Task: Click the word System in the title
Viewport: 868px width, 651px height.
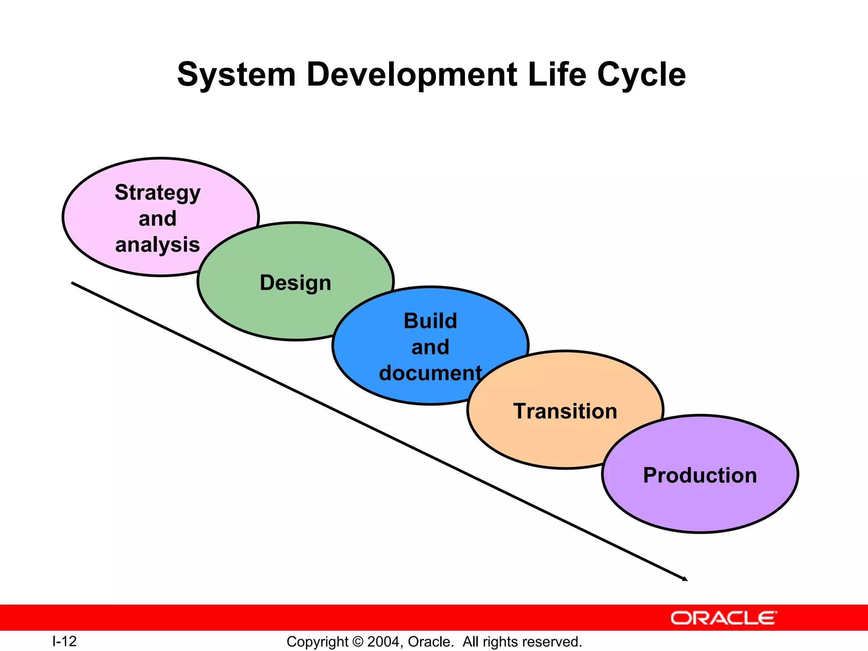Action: point(236,75)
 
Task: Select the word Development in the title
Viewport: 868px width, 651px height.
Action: point(412,75)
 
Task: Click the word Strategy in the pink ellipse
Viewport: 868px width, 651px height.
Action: point(158,193)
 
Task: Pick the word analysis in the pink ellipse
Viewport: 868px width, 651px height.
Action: point(158,245)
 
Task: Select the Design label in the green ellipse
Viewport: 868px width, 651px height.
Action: point(295,283)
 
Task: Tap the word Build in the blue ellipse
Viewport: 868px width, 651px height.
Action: point(430,321)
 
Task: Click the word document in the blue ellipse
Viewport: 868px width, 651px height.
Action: point(430,373)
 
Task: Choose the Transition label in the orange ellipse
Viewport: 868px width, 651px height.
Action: point(565,411)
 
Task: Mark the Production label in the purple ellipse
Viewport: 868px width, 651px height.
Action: point(700,475)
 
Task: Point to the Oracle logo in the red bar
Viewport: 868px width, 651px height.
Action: point(723,618)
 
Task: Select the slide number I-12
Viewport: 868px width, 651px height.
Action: point(64,641)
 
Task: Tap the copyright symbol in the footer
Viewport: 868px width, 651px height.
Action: point(358,642)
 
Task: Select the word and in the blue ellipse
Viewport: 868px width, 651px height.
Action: point(430,347)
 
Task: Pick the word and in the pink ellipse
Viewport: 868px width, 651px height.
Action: point(158,219)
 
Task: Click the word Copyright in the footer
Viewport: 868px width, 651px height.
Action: point(317,642)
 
